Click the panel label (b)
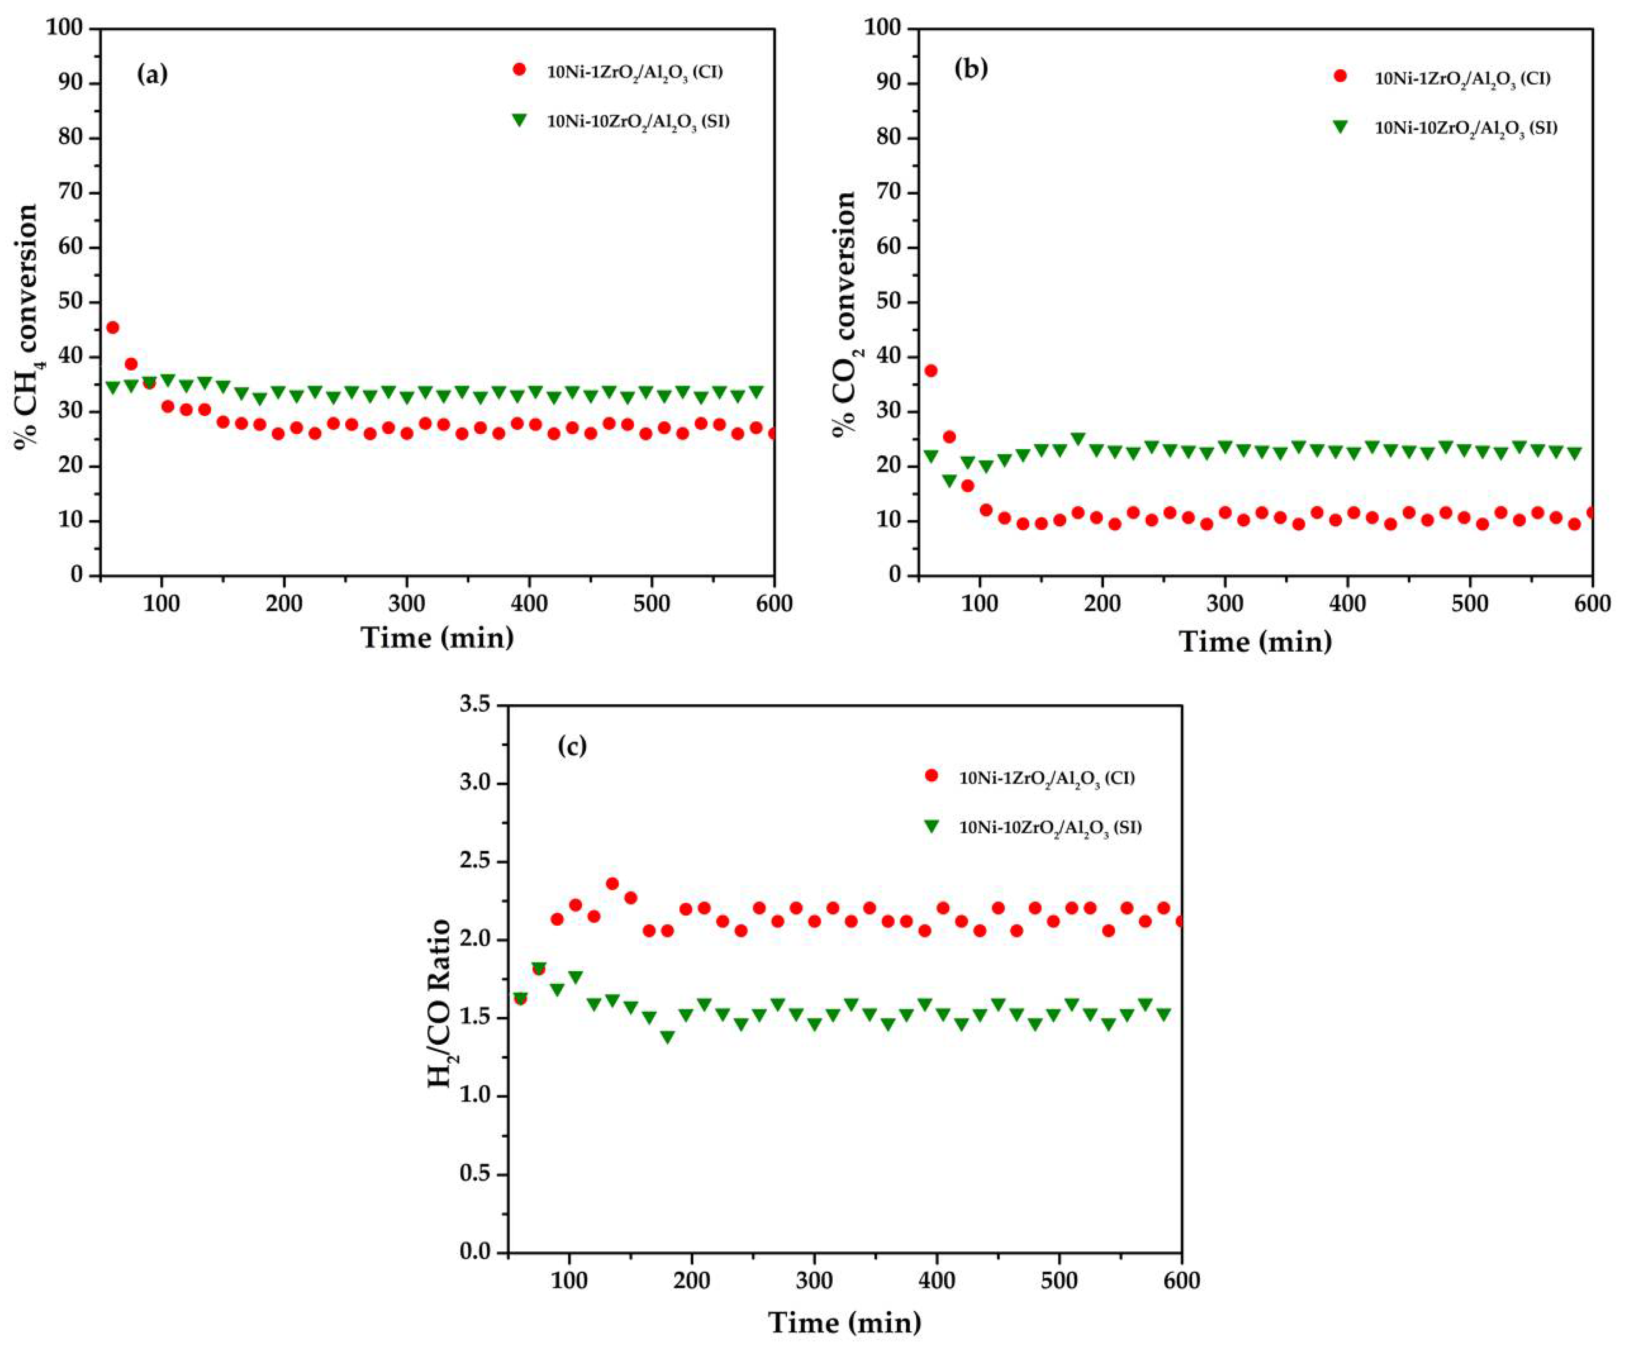tap(971, 69)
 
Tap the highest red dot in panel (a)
tap(112, 327)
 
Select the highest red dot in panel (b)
tap(931, 371)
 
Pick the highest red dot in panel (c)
tap(612, 883)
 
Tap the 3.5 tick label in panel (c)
tap(475, 705)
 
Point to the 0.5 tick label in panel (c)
tap(475, 1174)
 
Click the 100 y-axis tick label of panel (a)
tap(67, 29)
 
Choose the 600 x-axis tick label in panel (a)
tap(774, 603)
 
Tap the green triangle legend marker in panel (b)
tap(1340, 126)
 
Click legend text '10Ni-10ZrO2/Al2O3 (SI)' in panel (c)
tap(1051, 828)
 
